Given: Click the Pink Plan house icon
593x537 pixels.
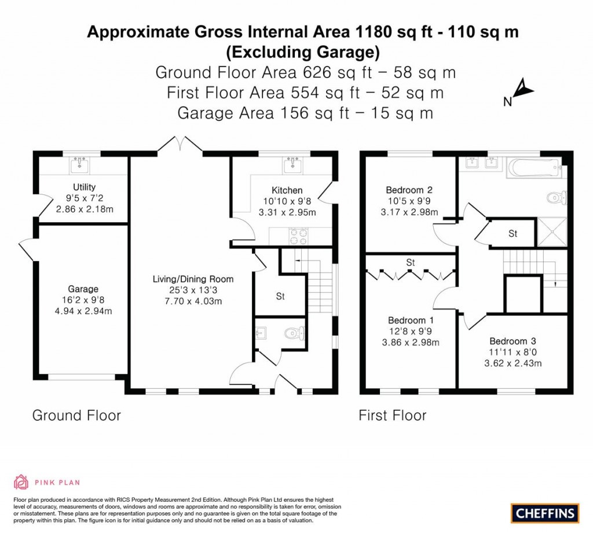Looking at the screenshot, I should [x=21, y=482].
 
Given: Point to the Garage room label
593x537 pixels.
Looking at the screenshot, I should [x=83, y=289].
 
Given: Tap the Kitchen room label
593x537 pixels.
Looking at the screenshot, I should [x=287, y=190].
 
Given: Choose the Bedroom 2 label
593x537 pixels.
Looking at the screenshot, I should [x=409, y=190].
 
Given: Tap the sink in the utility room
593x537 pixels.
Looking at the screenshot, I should [x=81, y=165].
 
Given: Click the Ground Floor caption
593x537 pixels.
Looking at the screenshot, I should [x=76, y=415].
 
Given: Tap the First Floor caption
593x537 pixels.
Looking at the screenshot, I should [x=392, y=415].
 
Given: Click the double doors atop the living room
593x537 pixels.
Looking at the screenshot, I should [x=180, y=145].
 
